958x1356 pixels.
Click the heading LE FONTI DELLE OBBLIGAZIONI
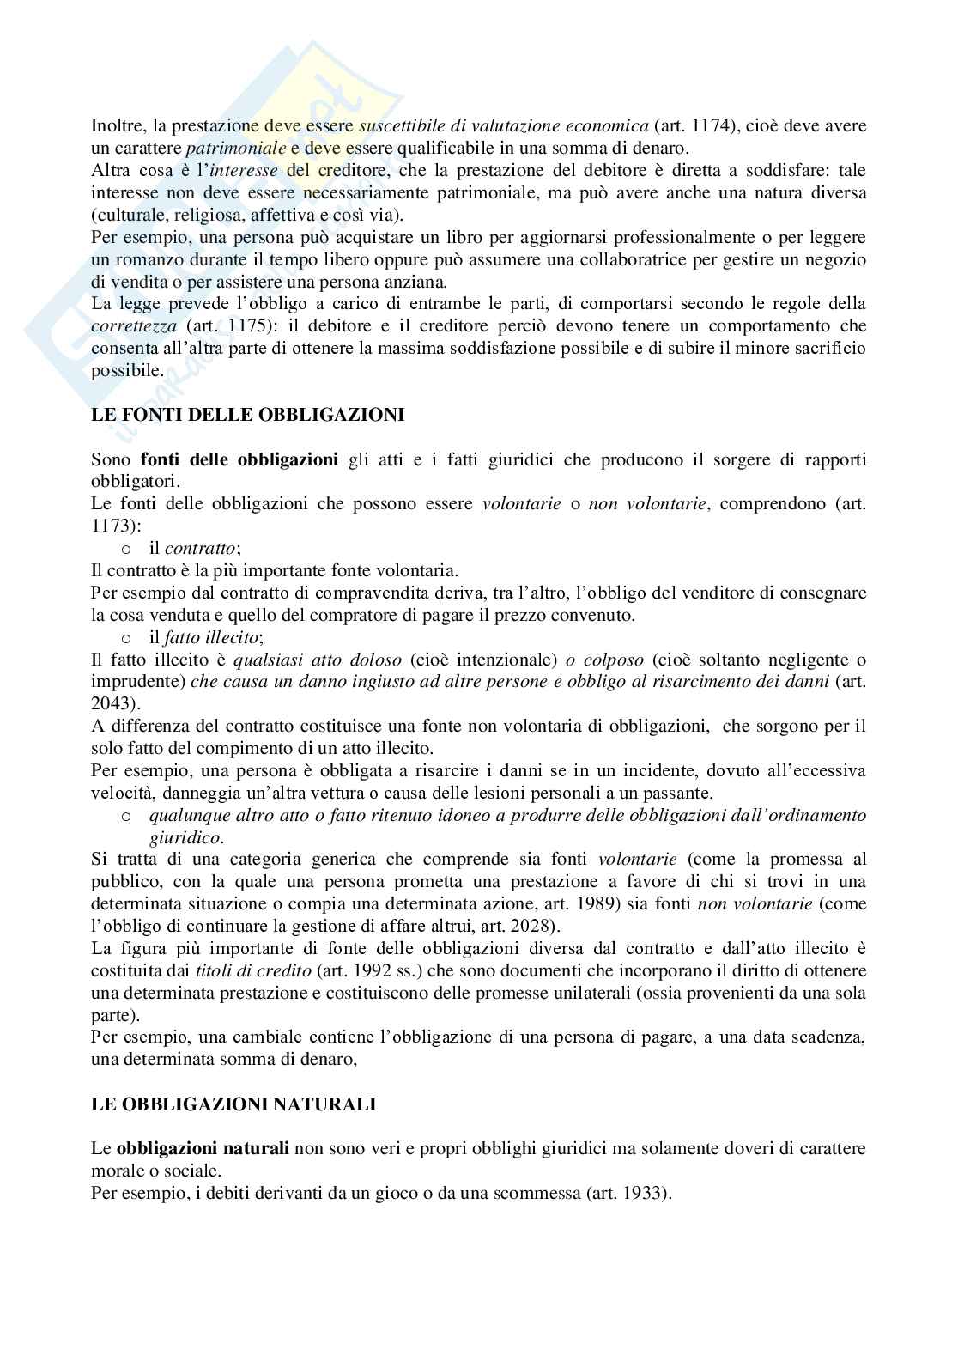247,415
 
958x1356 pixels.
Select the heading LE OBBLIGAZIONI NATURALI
233,1104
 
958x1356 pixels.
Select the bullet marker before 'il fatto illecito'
125,638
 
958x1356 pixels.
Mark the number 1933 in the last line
643,1193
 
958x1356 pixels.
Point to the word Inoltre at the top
117,125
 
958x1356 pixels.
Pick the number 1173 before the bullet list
109,526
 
